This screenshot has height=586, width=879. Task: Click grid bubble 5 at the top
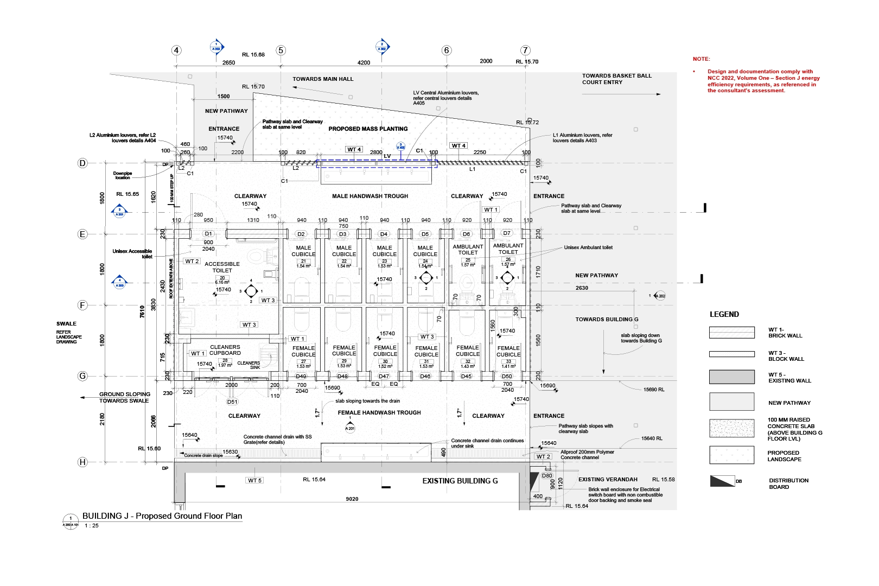[x=281, y=50]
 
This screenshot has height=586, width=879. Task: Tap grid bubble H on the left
[x=82, y=462]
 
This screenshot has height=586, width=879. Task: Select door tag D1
[x=208, y=234]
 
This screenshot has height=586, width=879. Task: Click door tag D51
[x=232, y=402]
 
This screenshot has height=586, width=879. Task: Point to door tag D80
[x=547, y=476]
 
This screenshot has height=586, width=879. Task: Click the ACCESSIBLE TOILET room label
[x=222, y=267]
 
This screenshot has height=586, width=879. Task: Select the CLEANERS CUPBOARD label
[x=225, y=350]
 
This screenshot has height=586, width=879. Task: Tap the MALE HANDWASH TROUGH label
[x=370, y=196]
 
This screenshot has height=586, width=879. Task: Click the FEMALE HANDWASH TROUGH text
[x=379, y=413]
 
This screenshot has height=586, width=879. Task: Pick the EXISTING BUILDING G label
[x=460, y=481]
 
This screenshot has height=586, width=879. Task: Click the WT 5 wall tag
[x=254, y=480]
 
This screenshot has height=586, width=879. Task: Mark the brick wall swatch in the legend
[x=731, y=333]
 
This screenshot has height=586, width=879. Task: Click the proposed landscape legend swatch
[x=731, y=455]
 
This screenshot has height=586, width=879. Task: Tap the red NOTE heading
[x=701, y=59]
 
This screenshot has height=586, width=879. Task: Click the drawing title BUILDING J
[x=162, y=516]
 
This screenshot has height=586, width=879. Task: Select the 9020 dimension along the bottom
[x=352, y=499]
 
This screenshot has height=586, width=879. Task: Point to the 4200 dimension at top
[x=364, y=62]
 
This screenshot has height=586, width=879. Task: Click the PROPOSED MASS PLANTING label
[x=368, y=129]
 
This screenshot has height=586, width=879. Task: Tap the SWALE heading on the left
[x=66, y=324]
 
